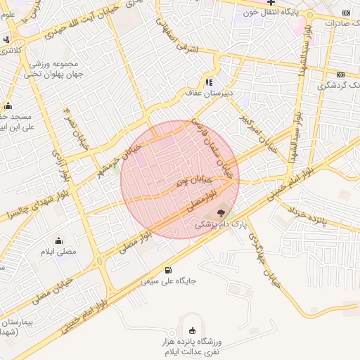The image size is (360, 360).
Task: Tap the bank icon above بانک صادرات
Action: click(x=346, y=13)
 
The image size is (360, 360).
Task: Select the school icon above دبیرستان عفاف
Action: click(x=208, y=82)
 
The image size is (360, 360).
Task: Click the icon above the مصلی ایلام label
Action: click(x=58, y=240)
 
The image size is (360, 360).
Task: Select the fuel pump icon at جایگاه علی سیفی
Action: click(x=167, y=270)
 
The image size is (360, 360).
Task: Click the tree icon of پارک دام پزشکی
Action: click(x=221, y=212)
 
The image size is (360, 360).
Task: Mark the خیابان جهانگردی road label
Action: click(x=264, y=259)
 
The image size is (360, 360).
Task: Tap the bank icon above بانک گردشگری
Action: click(x=340, y=75)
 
